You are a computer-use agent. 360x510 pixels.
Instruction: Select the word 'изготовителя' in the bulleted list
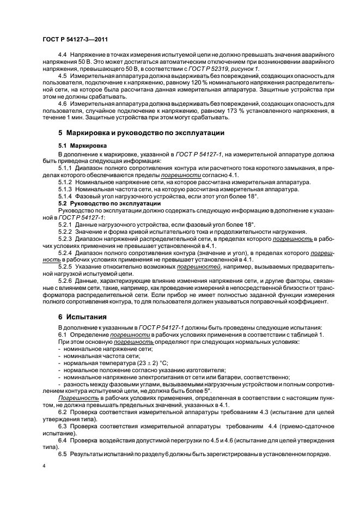pyautogui.click(x=193, y=369)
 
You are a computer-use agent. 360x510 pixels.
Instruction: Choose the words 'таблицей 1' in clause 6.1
pyautogui.click(x=307, y=334)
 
